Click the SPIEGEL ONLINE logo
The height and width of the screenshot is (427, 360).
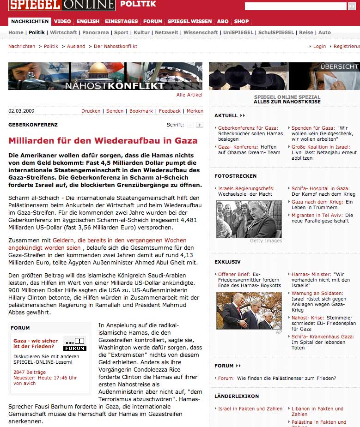coord(61,5)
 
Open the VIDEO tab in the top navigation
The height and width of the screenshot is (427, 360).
coord(62,21)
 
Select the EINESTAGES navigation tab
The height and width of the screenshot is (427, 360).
coord(121,21)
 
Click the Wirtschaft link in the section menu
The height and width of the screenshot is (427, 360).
coord(63,33)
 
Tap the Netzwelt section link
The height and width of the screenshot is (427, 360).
coord(166,33)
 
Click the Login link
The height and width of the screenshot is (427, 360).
coord(319,47)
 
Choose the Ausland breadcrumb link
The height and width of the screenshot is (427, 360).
coord(76,47)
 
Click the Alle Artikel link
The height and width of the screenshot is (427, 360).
coord(189,95)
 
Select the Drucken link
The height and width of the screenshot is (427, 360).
coord(91,111)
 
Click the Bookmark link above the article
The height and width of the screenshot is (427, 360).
coord(141,111)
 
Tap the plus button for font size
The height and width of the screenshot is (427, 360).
coord(199,125)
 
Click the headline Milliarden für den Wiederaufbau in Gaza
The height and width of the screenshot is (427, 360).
coord(103,141)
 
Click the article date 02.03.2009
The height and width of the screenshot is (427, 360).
coord(21,111)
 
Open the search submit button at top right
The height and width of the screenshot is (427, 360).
coord(351,6)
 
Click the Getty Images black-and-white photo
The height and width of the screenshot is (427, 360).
coord(249,219)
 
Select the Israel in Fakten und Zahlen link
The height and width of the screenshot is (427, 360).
coord(250,409)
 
